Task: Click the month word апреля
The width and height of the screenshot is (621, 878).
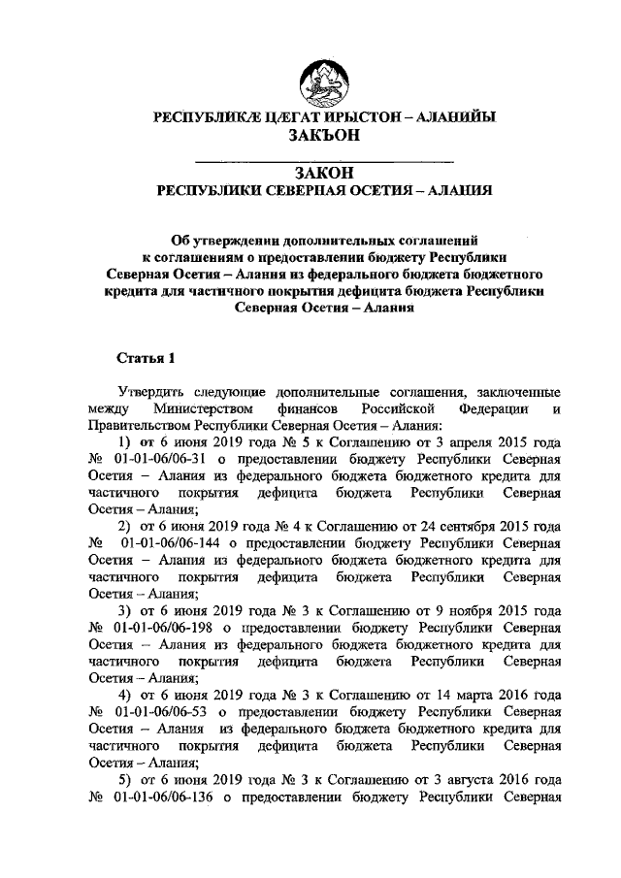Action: [470, 442]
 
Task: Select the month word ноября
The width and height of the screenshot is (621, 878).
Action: [471, 611]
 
